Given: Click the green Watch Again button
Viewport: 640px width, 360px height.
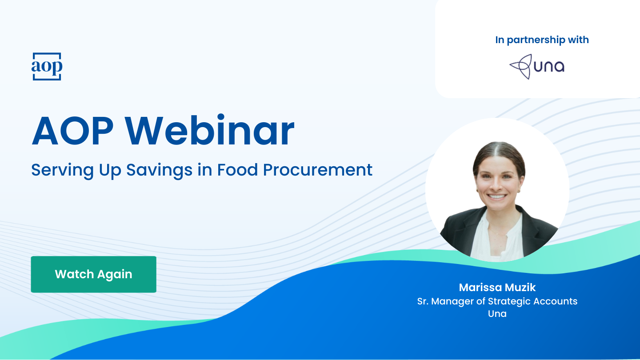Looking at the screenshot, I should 93,274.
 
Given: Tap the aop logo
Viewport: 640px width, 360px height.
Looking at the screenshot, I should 47,67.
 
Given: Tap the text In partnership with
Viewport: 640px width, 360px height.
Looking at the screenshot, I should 542,40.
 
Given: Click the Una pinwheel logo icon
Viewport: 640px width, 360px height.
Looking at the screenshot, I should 520,67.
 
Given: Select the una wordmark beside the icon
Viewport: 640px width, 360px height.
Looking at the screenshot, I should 549,67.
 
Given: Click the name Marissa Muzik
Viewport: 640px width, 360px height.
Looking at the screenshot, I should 497,288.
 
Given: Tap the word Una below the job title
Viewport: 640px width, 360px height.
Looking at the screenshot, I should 497,314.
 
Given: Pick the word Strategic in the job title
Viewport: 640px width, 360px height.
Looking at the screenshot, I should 506,301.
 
